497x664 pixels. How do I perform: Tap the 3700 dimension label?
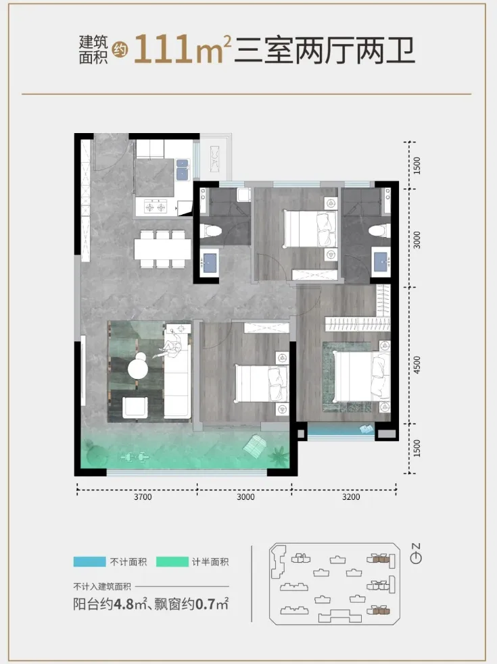click(x=143, y=496)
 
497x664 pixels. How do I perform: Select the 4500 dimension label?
click(x=417, y=365)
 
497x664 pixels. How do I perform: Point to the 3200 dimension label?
click(x=351, y=496)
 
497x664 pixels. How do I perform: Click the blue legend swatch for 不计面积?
click(x=89, y=561)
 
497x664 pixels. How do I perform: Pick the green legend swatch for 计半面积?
click(x=172, y=561)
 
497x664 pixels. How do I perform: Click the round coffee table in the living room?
click(x=138, y=367)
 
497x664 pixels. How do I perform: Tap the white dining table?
click(x=163, y=249)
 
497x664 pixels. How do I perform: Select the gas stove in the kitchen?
click(x=156, y=207)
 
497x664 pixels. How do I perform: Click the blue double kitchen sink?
click(x=183, y=169)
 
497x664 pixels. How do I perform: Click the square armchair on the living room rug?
click(x=135, y=407)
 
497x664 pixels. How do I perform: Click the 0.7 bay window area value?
click(x=204, y=604)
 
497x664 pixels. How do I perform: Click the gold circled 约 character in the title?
click(x=120, y=50)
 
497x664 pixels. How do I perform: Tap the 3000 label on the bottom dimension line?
click(x=245, y=496)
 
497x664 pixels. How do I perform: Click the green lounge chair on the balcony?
click(x=255, y=446)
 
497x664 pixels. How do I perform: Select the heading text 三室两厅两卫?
click(x=325, y=51)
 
